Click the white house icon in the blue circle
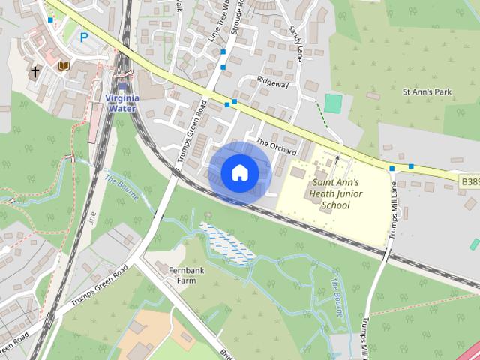tap(238, 172)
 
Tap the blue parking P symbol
tap(84, 36)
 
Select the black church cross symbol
tap(34, 72)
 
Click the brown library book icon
tap(64, 67)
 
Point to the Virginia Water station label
tap(121, 103)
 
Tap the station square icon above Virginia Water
tap(122, 86)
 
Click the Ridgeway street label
tap(272, 84)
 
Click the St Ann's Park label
tap(427, 91)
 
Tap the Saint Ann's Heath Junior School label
tap(335, 193)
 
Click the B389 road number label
tap(469, 181)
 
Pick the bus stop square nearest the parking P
tap(50, 19)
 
